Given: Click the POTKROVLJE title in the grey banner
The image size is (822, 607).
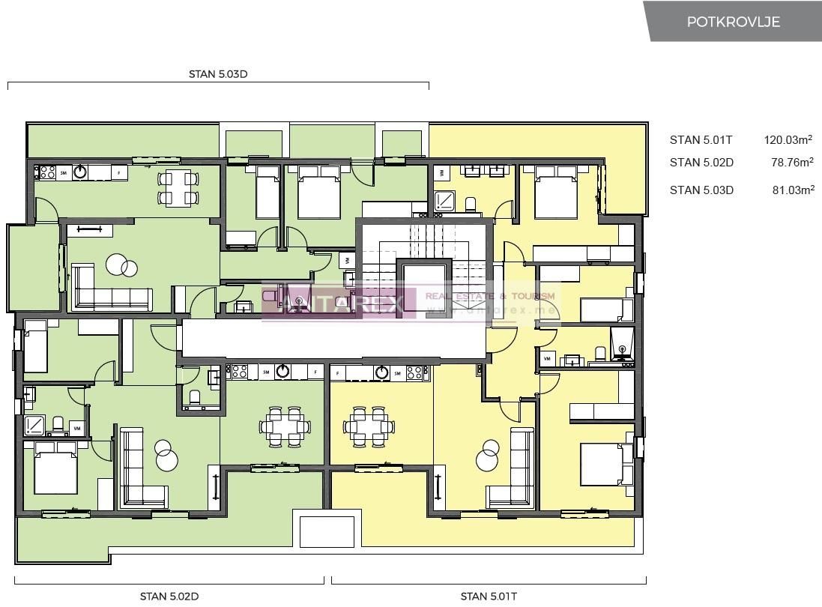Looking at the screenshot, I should (x=733, y=22).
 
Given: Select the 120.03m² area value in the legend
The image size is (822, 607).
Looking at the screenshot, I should (x=788, y=139).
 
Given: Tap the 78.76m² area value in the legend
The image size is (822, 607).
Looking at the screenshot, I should (x=792, y=162).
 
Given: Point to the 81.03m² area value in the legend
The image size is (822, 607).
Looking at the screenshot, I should (x=793, y=190).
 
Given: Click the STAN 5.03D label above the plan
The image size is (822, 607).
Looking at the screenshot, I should (x=218, y=74).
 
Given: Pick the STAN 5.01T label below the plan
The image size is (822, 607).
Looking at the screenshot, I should (x=489, y=597).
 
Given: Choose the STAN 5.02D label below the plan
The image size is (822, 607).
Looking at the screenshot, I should (x=169, y=597).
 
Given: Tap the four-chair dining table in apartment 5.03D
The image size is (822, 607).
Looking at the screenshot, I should (x=178, y=188).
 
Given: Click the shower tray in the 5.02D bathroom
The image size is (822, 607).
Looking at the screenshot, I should (x=34, y=426).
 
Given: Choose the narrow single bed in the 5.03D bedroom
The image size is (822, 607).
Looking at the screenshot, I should (x=268, y=193).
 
